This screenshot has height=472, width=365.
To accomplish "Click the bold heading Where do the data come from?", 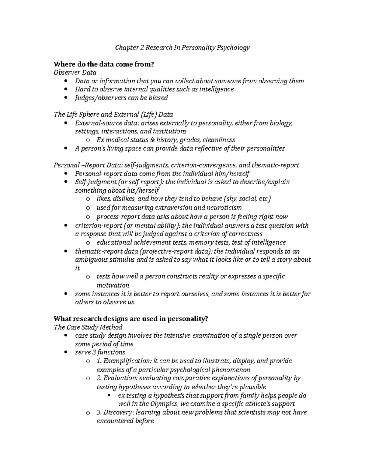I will (x=104, y=64).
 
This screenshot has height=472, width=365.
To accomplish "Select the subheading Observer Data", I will (x=75, y=73).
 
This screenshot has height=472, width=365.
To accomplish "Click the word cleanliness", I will (x=219, y=140).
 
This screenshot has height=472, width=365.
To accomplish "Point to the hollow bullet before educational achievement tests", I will (x=88, y=243).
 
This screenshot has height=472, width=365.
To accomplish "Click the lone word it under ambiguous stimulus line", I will (x=77, y=268).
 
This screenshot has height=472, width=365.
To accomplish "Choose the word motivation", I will (x=113, y=285).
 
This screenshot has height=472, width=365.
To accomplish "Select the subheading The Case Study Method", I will (x=88, y=327).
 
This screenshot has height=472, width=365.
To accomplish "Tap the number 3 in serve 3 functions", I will (x=93, y=353).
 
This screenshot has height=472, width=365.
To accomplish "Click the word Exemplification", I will (x=126, y=361).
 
